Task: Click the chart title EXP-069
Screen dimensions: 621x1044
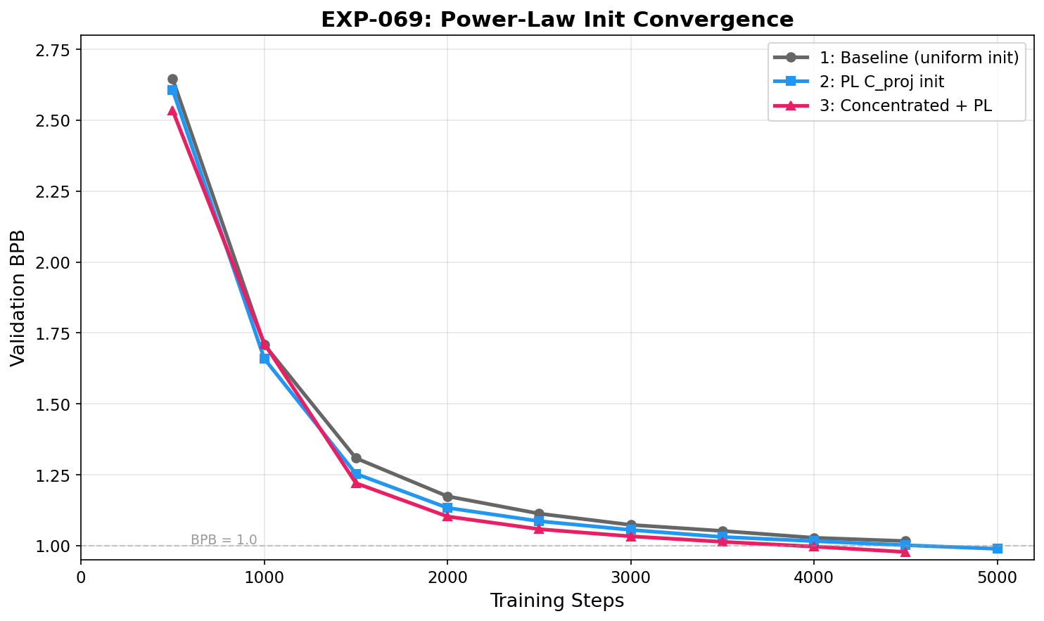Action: pos(557,19)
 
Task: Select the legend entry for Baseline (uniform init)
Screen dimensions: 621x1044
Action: pos(919,58)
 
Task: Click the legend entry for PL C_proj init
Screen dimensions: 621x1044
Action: pos(881,82)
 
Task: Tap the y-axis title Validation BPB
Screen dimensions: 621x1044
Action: pos(18,297)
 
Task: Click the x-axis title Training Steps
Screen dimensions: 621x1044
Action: pos(557,601)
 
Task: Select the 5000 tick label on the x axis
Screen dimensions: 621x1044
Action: pos(997,577)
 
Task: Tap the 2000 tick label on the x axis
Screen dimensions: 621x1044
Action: pos(447,577)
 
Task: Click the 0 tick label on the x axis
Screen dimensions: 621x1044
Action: pos(81,577)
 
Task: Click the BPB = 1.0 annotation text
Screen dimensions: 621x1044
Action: pos(224,540)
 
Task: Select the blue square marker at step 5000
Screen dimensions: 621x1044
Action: pos(997,549)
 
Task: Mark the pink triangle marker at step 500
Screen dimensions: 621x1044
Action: pos(172,110)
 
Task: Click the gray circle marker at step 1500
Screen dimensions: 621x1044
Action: pos(356,459)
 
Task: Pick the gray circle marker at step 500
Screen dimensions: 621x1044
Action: pos(172,79)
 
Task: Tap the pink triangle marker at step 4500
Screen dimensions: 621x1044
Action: pos(905,552)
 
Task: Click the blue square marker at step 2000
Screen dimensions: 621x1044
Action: pos(447,508)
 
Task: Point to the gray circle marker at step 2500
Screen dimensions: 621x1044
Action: pos(539,514)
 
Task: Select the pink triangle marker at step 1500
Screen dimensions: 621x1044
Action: pos(356,483)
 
